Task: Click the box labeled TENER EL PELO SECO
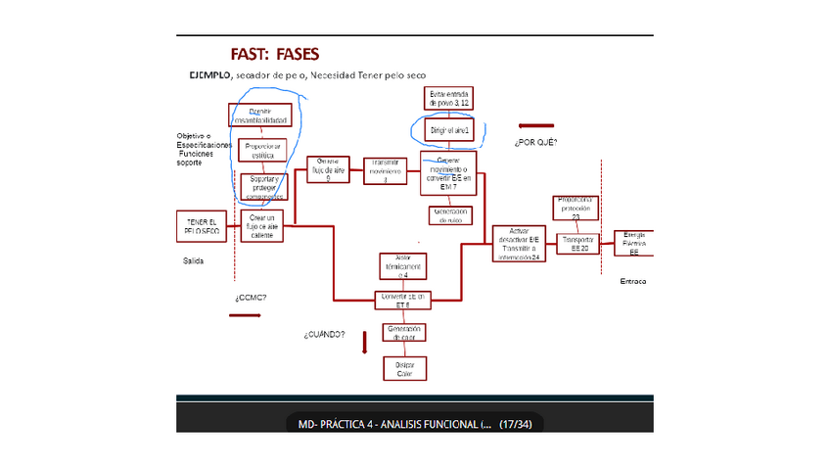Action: (203, 226)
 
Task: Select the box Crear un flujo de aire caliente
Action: (261, 226)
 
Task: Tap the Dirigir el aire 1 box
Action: (449, 130)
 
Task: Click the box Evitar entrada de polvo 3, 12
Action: (449, 99)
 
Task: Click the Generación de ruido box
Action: (449, 215)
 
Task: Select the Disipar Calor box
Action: (404, 369)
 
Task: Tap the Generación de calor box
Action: (404, 333)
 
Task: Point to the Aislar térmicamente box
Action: (404, 266)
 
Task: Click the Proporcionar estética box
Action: (263, 151)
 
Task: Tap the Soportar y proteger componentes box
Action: (263, 186)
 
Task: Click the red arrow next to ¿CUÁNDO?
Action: (364, 341)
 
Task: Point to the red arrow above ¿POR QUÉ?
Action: (535, 126)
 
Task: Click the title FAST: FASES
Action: (275, 53)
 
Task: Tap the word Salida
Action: (194, 261)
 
